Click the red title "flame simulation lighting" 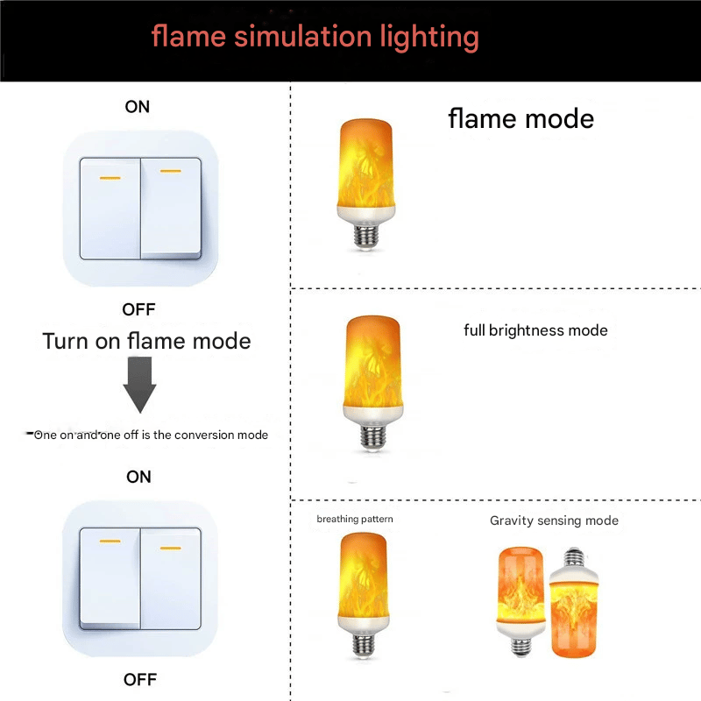(x=315, y=37)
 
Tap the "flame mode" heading (x=520, y=118)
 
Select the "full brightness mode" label (x=535, y=330)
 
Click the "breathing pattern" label (x=355, y=520)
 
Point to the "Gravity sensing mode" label (x=554, y=520)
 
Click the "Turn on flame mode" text (x=146, y=341)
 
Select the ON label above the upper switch (x=138, y=107)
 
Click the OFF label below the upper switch (x=138, y=309)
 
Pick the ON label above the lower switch (x=138, y=477)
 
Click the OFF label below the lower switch (x=139, y=680)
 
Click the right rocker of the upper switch (x=170, y=209)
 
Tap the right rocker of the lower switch (x=170, y=578)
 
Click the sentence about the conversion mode (x=150, y=435)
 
